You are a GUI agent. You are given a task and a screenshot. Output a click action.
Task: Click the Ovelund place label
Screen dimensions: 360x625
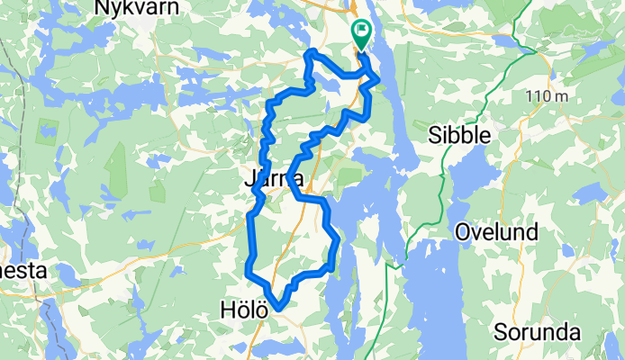[496, 232]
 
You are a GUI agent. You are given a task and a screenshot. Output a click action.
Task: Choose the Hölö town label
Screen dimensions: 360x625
[243, 310]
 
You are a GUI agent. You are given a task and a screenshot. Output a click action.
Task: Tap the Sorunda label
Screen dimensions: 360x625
[537, 333]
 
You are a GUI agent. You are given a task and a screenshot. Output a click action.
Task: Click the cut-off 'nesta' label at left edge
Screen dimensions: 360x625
[22, 270]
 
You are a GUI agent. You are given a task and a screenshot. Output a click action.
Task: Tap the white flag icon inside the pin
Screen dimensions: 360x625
[361, 31]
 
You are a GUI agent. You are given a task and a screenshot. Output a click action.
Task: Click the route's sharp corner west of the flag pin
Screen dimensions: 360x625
[311, 54]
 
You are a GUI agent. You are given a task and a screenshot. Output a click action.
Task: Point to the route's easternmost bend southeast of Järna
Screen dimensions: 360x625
[338, 241]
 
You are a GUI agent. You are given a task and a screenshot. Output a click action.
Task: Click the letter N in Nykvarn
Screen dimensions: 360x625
[102, 7]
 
